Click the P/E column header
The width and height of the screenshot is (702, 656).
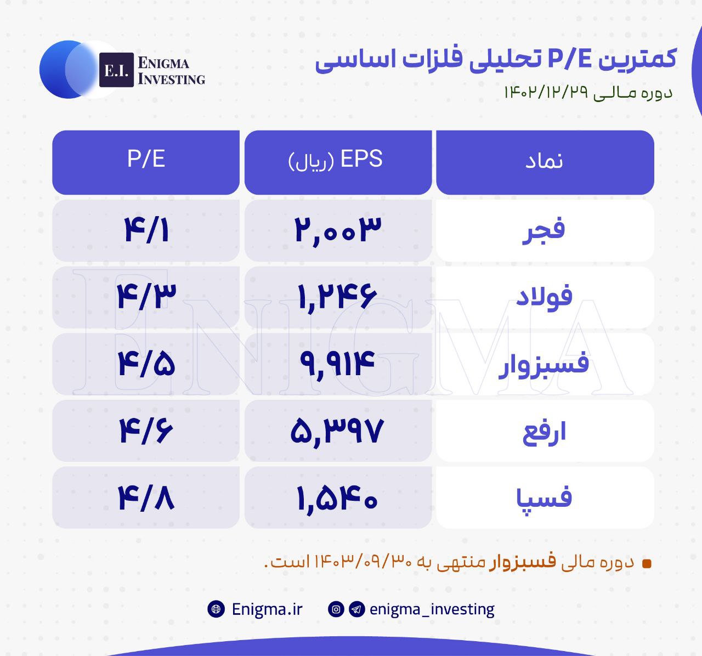(146, 162)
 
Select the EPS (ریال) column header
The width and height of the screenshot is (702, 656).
(338, 162)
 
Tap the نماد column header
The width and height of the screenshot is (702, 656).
(545, 162)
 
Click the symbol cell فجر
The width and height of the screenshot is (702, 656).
(545, 230)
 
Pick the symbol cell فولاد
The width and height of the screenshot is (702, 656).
(545, 297)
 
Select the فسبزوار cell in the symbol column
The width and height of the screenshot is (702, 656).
(545, 364)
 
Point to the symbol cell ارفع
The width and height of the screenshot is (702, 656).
(545, 431)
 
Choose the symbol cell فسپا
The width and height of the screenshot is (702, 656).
(545, 497)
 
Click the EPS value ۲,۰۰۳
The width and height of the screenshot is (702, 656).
(338, 230)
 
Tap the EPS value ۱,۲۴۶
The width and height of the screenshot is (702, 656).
(338, 297)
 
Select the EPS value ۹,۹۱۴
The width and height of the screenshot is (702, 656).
(337, 364)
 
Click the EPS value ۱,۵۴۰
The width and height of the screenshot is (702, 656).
(337, 498)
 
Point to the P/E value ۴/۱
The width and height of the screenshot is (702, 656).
(146, 230)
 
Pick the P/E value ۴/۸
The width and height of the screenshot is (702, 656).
(146, 498)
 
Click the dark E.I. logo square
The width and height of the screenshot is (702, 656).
(116, 70)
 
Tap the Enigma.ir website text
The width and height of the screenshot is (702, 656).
(267, 609)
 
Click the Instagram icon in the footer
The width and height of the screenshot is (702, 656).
(336, 609)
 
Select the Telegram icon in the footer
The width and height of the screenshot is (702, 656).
(357, 609)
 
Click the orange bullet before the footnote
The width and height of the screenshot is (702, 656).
(647, 563)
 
